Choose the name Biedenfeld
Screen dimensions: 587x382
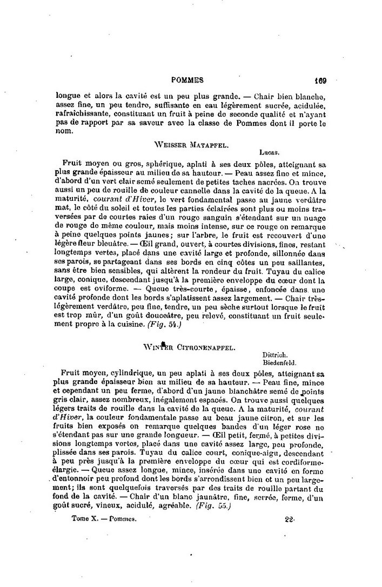click(x=279, y=363)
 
